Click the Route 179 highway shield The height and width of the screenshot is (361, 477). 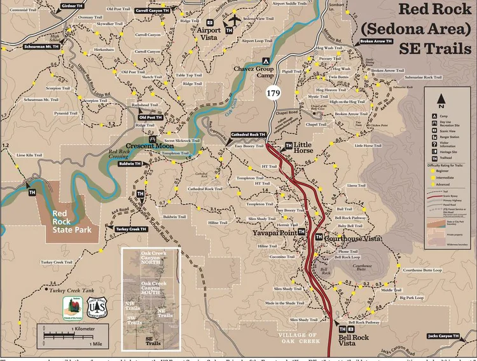coord(273,93)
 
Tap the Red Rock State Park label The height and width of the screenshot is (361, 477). coord(71,222)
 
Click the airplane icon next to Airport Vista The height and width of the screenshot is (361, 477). coord(233,20)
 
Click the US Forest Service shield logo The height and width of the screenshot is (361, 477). coord(97,306)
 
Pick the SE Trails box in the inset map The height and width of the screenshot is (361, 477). coord(153,341)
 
